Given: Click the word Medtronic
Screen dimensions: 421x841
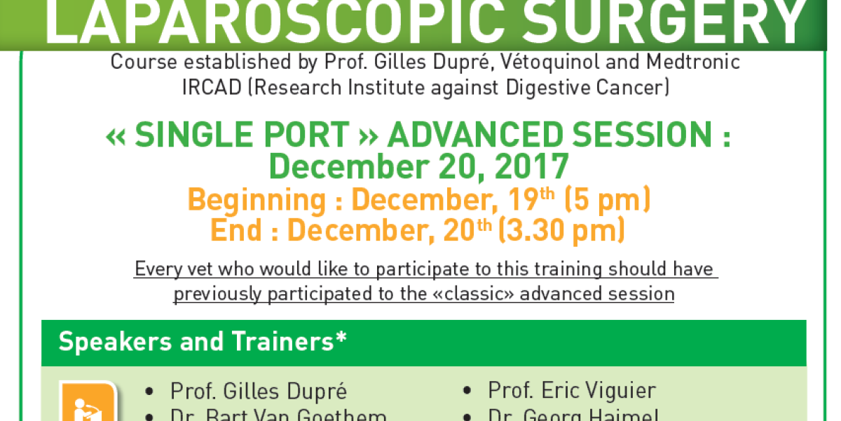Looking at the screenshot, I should (693, 62).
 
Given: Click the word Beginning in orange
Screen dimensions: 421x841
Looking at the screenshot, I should (257, 201).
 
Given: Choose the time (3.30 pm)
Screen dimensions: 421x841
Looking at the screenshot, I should (561, 231).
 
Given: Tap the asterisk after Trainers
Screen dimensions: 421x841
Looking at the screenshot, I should (341, 339).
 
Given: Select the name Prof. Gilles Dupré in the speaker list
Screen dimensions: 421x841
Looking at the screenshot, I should (258, 391).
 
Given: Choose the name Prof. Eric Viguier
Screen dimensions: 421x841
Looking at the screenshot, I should (572, 391).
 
